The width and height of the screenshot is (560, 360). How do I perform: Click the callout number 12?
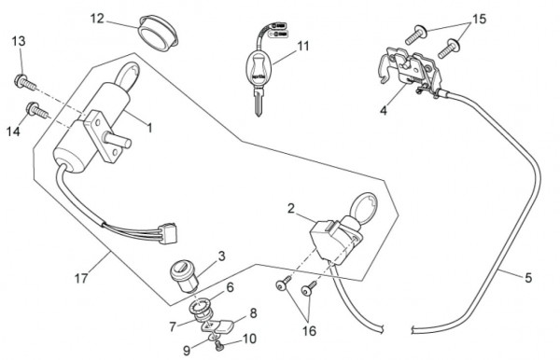pyautogui.click(x=97, y=19)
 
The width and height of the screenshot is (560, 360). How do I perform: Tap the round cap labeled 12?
pyautogui.click(x=159, y=33)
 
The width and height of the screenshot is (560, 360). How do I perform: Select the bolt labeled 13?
pyautogui.click(x=25, y=82)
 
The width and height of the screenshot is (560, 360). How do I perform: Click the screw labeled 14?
pyautogui.click(x=37, y=110)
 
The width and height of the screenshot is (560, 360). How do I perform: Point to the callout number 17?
pyautogui.click(x=81, y=278)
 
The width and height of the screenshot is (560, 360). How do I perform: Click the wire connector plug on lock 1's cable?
pyautogui.click(x=169, y=233)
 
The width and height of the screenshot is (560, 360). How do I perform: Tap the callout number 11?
pyautogui.click(x=303, y=46)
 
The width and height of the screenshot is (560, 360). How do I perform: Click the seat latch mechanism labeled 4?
pyautogui.click(x=411, y=71)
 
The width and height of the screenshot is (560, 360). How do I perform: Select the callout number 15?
pyautogui.click(x=480, y=19)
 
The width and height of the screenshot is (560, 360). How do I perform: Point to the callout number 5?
pyautogui.click(x=528, y=278)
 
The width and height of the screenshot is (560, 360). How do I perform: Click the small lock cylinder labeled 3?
pyautogui.click(x=184, y=276)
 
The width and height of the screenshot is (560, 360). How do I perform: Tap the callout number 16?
pyautogui.click(x=309, y=331)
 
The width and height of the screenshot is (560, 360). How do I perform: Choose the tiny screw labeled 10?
pyautogui.click(x=218, y=345)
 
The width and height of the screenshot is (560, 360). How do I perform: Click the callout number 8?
pyautogui.click(x=253, y=313)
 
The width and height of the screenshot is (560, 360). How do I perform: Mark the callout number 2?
pyautogui.click(x=291, y=208)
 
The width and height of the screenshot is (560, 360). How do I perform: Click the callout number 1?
pyautogui.click(x=150, y=128)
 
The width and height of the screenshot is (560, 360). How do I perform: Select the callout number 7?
pyautogui.click(x=173, y=326)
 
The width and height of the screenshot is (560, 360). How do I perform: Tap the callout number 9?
pyautogui.click(x=187, y=351)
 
